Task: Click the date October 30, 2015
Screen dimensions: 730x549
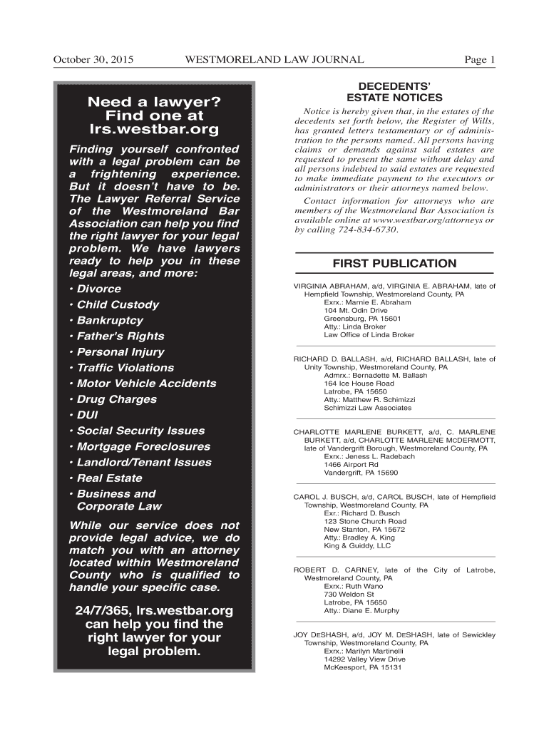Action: coord(93,60)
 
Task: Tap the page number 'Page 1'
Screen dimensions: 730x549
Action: coord(479,60)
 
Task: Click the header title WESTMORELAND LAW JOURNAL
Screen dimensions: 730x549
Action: coord(274,60)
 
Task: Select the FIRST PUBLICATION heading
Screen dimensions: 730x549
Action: coord(394,263)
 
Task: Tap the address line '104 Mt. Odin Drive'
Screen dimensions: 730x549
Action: coord(357,311)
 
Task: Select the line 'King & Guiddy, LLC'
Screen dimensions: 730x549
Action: coord(357,545)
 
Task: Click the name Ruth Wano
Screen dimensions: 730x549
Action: coord(364,586)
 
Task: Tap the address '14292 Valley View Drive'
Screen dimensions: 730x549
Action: coord(364,659)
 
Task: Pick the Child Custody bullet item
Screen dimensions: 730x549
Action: coord(118,304)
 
